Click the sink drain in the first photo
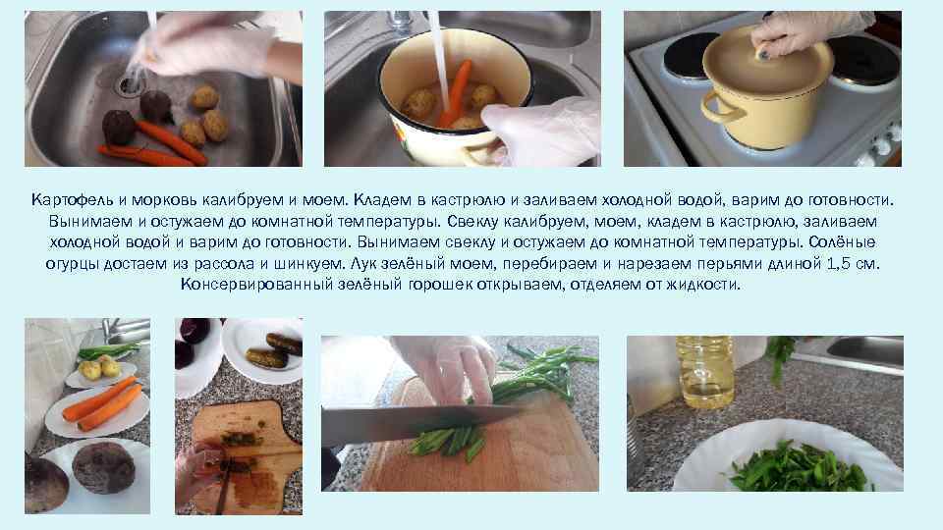130,84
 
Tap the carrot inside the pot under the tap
455,92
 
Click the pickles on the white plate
275,351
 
